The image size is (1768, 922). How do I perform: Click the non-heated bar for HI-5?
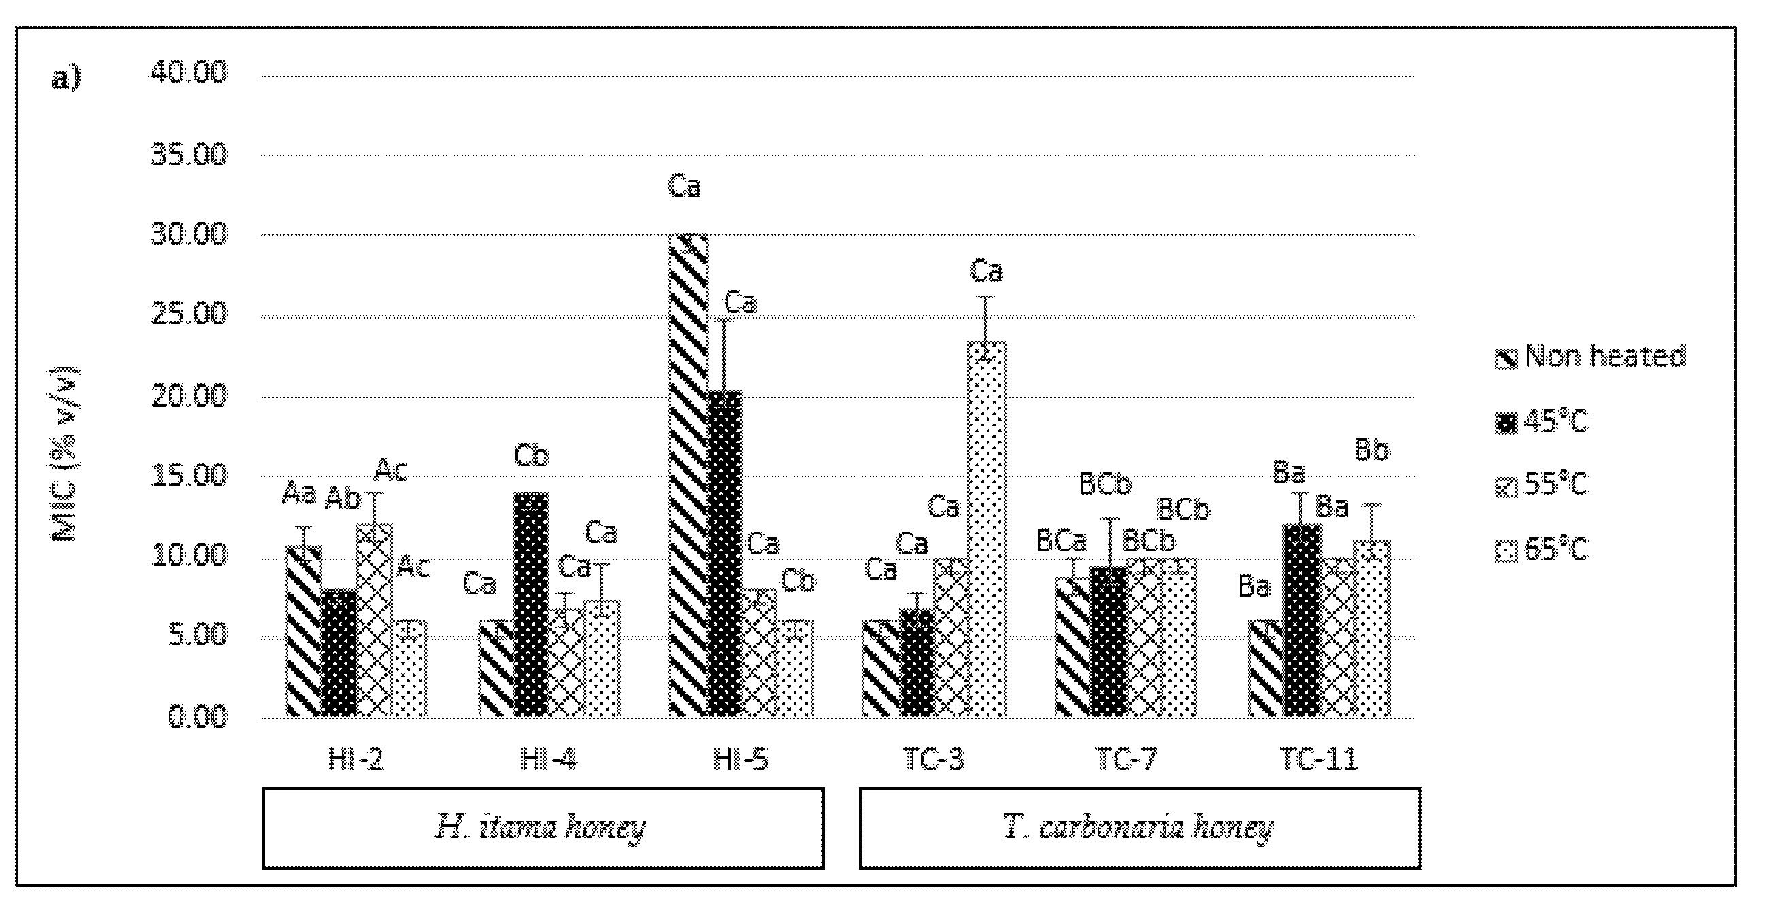click(688, 476)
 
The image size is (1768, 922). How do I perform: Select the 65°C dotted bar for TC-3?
click(987, 529)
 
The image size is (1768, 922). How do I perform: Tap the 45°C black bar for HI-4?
click(530, 605)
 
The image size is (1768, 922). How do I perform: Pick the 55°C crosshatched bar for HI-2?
click(374, 621)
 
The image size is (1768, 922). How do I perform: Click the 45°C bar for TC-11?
click(1302, 621)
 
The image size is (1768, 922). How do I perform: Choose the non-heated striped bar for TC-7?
click(1074, 647)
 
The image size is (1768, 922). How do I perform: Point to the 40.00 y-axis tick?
click(188, 72)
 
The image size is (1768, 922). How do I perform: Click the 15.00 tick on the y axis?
click(188, 475)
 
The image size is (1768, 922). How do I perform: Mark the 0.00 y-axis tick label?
click(197, 717)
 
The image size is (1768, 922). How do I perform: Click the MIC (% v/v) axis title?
click(65, 454)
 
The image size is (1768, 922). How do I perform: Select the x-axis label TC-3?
click(933, 760)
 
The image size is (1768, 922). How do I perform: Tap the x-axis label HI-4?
click(548, 760)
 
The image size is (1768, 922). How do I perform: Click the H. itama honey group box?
click(543, 828)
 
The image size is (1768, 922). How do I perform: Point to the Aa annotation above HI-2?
click(299, 494)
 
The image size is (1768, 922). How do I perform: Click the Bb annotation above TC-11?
click(1372, 450)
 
